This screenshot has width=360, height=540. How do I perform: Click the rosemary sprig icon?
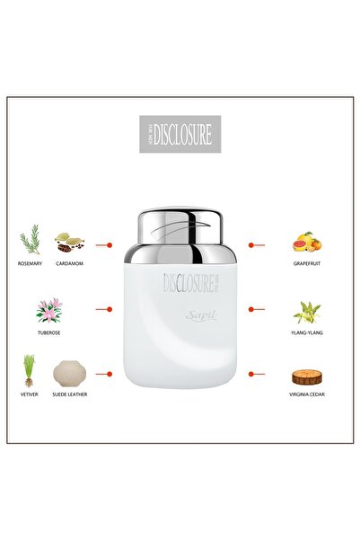click(x=31, y=240)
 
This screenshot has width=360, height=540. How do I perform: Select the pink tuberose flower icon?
click(x=48, y=310)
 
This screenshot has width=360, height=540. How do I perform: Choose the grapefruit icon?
click(x=307, y=242)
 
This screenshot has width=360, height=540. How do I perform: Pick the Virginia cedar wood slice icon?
click(x=307, y=376)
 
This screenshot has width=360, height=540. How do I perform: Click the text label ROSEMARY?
click(x=31, y=264)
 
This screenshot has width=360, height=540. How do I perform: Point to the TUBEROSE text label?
click(x=48, y=331)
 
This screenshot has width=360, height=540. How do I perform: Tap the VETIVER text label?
click(x=30, y=394)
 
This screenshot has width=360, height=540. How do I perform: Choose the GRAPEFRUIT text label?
click(x=307, y=264)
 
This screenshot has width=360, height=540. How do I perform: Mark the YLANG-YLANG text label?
click(x=307, y=331)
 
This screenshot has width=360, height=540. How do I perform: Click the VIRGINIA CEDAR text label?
click(x=307, y=394)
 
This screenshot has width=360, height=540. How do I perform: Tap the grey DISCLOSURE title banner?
click(x=180, y=134)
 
